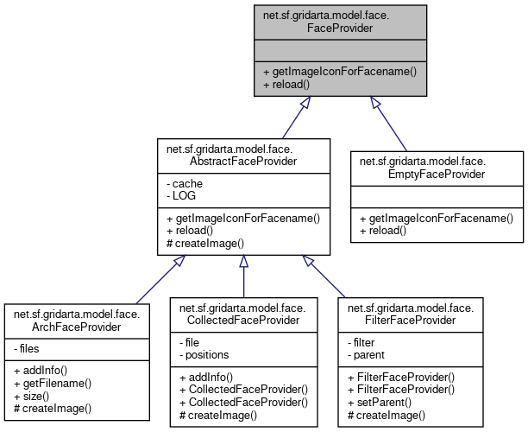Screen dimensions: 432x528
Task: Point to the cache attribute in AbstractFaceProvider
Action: [186, 184]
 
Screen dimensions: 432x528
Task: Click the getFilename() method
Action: [53, 381]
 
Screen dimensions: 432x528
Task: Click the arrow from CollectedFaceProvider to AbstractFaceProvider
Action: [243, 276]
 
